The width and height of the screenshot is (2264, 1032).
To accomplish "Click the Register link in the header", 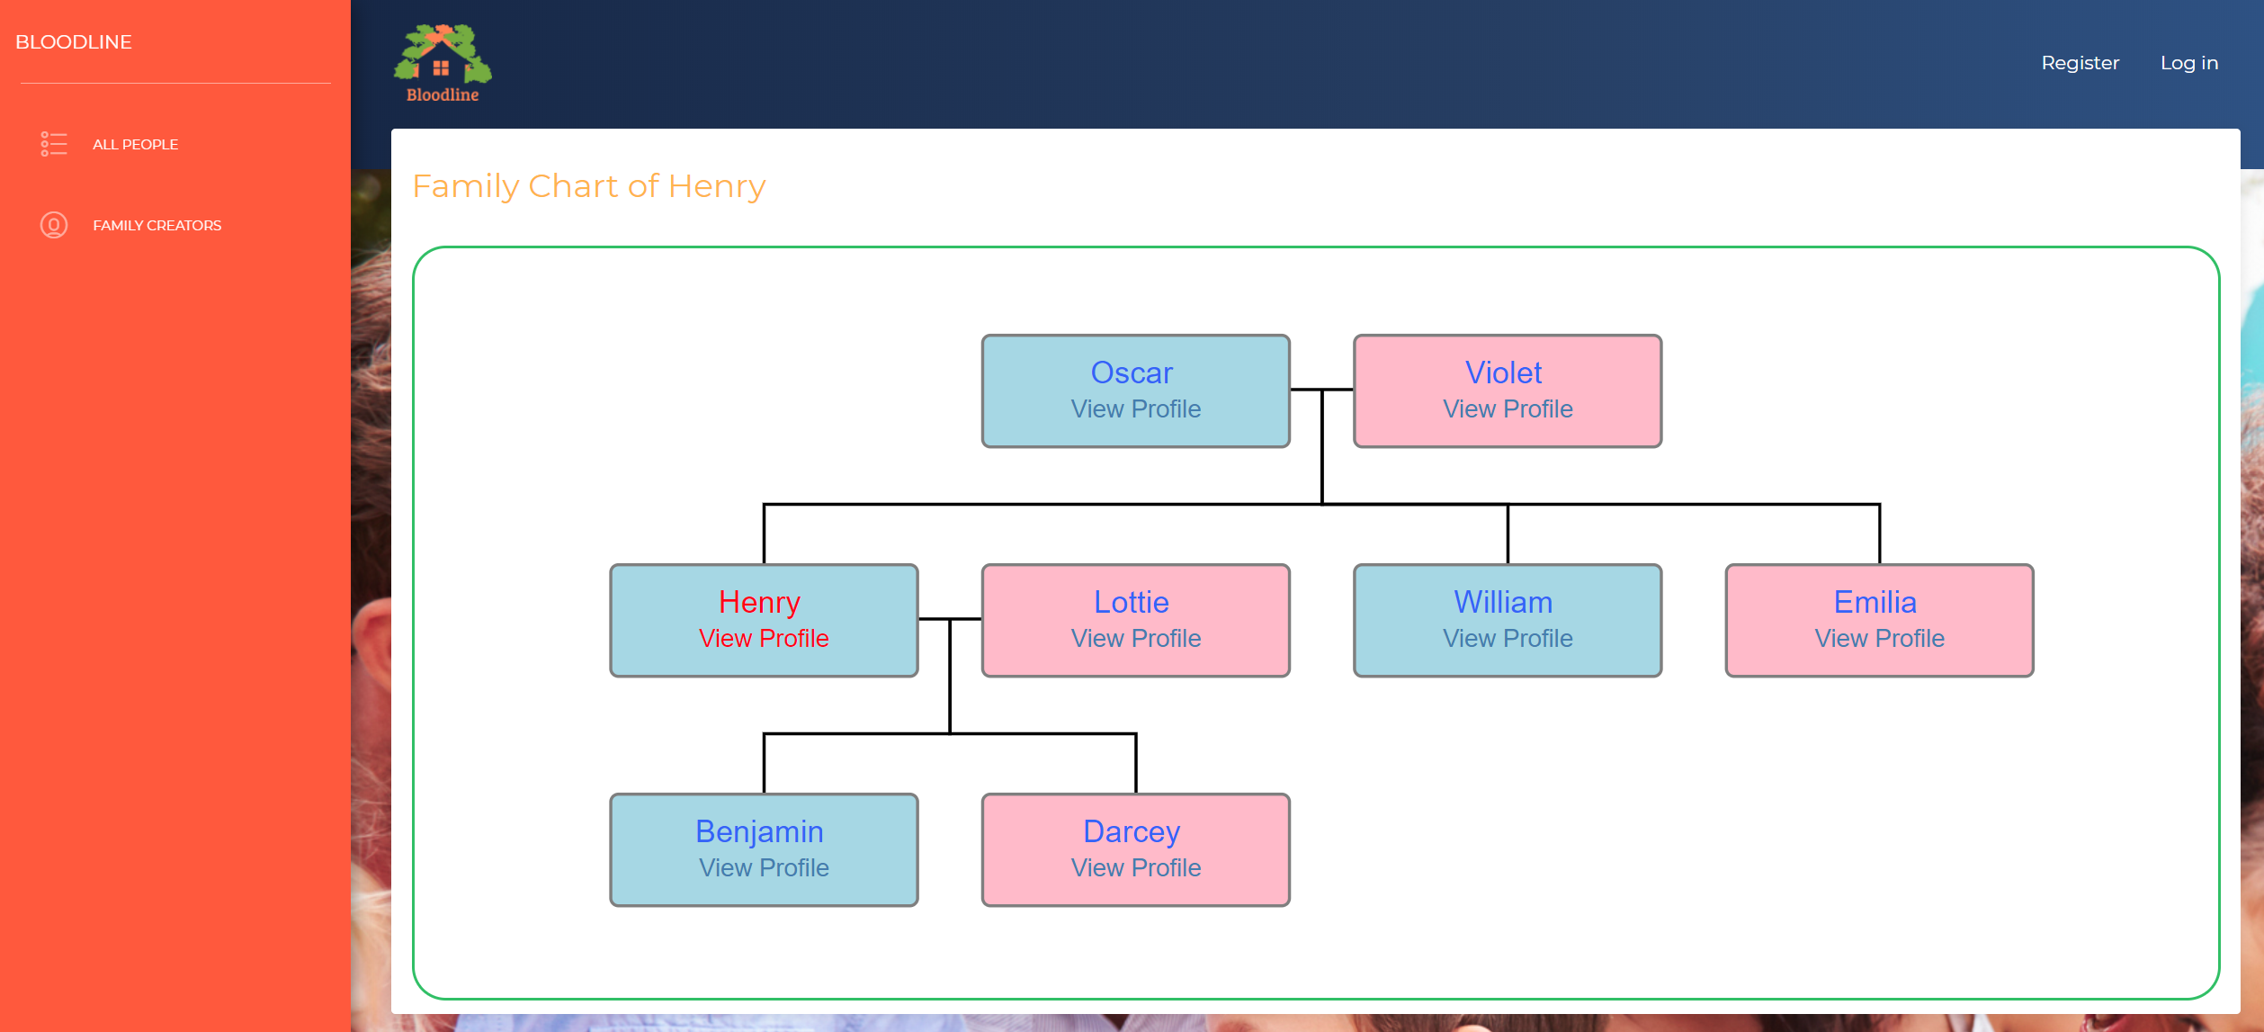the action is (x=2080, y=63).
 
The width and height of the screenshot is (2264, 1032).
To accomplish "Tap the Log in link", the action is (x=2189, y=63).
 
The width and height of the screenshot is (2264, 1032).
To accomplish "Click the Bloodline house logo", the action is (x=443, y=63).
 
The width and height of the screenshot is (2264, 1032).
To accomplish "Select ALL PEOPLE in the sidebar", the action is (x=135, y=144).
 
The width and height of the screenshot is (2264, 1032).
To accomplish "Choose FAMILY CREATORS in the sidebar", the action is (x=157, y=225).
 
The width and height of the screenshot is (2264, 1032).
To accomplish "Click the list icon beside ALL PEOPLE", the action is (x=54, y=144).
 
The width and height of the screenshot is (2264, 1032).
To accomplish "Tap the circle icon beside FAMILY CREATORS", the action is (x=54, y=225).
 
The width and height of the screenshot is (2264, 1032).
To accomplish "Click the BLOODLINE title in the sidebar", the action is (x=74, y=42).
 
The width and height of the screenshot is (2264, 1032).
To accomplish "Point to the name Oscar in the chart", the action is (x=1132, y=372).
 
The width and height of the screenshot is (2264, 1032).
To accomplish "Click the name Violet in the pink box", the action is (x=1503, y=372).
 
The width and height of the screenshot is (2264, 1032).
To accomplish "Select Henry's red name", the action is (x=759, y=602).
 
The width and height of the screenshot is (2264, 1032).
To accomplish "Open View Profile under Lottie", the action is (x=1136, y=638).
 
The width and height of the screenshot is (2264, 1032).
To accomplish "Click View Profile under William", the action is (x=1508, y=638).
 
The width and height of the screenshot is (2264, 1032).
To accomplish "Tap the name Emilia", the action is (x=1875, y=602).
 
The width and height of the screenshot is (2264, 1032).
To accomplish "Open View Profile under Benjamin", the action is (x=764, y=867).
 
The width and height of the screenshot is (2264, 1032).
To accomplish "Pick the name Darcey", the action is (x=1132, y=832).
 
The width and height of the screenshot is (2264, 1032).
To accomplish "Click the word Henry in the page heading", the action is (x=717, y=187).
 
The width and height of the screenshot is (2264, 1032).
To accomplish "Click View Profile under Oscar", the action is (x=1136, y=408).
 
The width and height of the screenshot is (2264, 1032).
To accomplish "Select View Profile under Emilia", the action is (x=1880, y=638).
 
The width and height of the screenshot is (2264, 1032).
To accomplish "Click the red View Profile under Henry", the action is (x=764, y=638).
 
